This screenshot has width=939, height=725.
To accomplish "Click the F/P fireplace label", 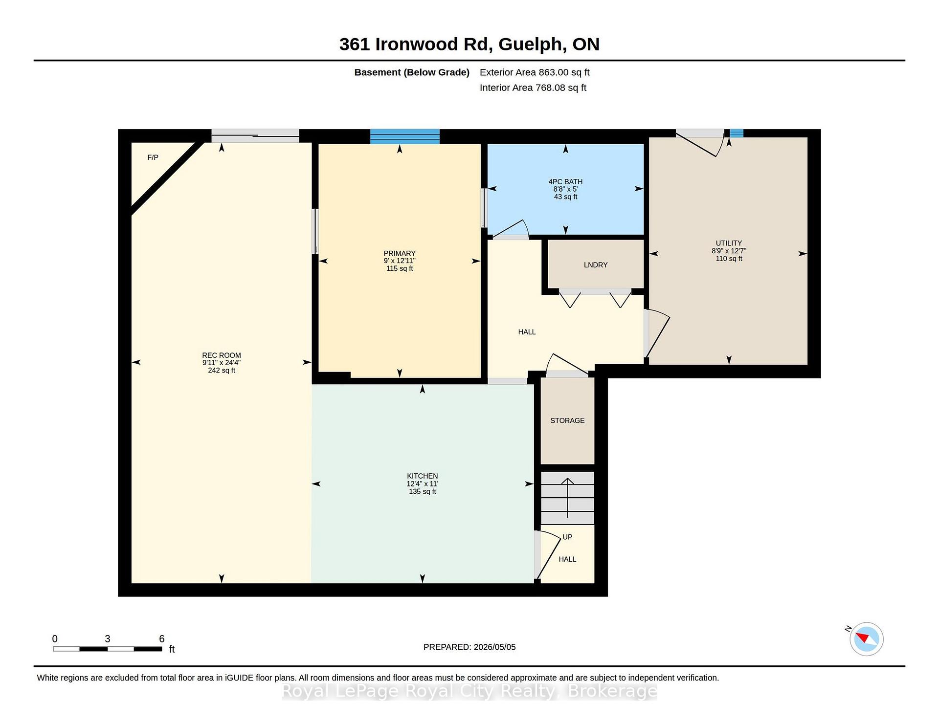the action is (x=153, y=157).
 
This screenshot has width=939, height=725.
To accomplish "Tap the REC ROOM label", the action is (x=222, y=355).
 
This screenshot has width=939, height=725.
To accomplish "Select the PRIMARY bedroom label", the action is (x=400, y=253).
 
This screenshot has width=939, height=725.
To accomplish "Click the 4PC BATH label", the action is (x=565, y=181).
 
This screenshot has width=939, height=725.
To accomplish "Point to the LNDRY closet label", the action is (x=596, y=265).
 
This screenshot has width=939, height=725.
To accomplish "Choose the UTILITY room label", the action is (x=729, y=243).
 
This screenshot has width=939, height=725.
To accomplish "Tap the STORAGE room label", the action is (x=567, y=420).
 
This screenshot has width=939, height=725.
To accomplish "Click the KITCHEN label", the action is (x=423, y=476).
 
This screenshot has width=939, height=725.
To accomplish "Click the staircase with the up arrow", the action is (x=567, y=498).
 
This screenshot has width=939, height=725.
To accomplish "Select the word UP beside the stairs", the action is (x=567, y=537).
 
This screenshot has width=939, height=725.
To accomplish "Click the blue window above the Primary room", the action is (x=405, y=136).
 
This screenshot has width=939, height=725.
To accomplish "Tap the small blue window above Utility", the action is (x=737, y=133).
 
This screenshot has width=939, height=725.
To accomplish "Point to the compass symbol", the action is (x=867, y=639).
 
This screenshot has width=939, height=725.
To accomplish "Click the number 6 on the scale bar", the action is (x=162, y=638).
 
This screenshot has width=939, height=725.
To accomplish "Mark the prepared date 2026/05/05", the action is (x=494, y=647).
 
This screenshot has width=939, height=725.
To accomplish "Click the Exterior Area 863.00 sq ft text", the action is (x=535, y=72).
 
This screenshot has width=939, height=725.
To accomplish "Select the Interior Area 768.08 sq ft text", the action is (x=533, y=88).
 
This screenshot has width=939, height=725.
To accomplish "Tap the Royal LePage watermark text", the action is (x=469, y=691).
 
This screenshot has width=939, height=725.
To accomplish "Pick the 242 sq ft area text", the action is (x=222, y=371).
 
